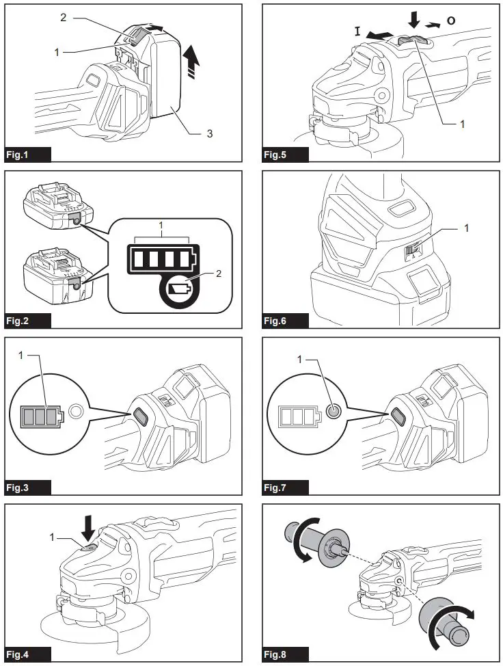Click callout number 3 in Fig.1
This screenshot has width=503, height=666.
tap(210, 133)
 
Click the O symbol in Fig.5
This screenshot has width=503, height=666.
tap(451, 21)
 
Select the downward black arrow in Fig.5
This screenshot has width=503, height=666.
tap(414, 21)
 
